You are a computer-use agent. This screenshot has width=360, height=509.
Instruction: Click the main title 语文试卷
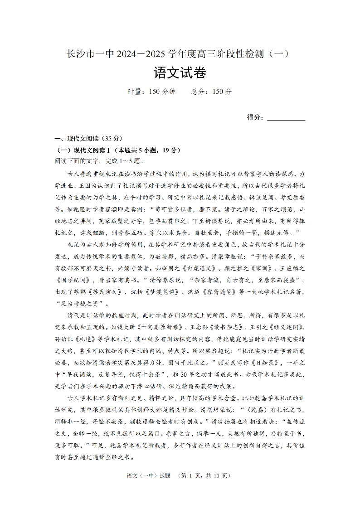(180, 73)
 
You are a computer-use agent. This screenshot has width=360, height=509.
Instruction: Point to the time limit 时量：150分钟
(151, 92)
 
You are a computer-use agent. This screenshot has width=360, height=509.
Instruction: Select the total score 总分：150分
(211, 92)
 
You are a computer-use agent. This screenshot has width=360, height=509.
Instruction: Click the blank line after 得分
(286, 117)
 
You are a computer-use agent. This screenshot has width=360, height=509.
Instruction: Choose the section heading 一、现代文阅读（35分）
(88, 139)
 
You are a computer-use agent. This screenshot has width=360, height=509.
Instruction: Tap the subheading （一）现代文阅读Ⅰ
(80, 150)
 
